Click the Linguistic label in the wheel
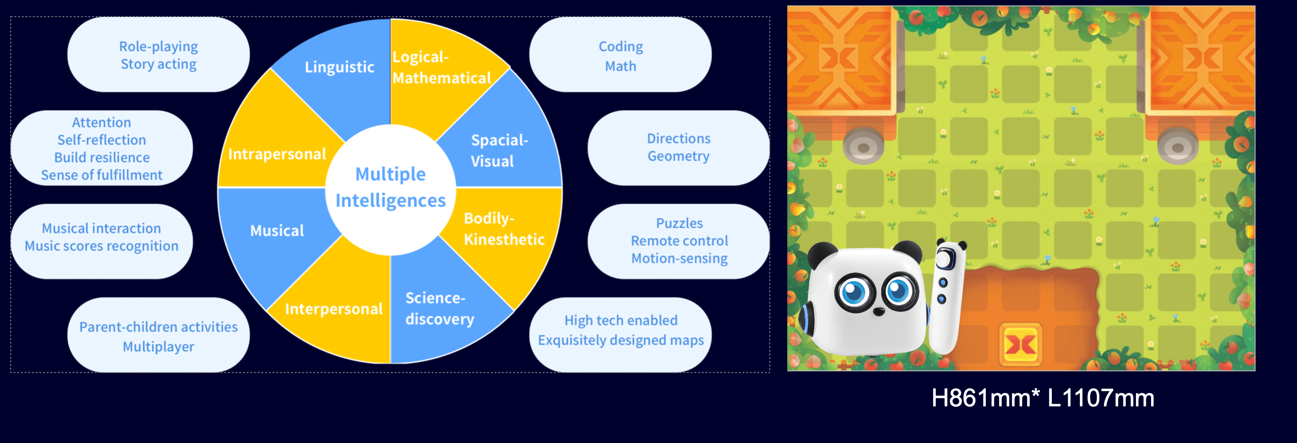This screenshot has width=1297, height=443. coord(339,67)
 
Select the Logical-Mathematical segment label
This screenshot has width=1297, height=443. coord(441,67)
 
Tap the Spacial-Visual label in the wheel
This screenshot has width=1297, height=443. coord(498,151)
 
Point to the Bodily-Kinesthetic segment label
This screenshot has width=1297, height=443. coord(503,229)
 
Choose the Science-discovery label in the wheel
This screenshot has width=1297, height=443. coord(439,308)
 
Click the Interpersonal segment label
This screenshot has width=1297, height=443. coord(334,308)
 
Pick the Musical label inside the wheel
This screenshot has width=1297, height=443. coord(277,231)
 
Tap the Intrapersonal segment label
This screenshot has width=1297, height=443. coord(277,154)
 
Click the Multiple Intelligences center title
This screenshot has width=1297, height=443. coord(390,187)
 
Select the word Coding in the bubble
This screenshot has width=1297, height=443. coord(620,47)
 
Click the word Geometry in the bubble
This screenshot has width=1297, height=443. coord(678,156)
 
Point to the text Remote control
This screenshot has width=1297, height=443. coord(679,241)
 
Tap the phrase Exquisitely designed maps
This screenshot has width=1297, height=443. coord(620,340)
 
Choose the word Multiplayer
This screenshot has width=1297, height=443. coord(158,347)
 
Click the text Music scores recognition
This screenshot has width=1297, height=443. coord(101,246)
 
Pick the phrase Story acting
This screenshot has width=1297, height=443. coord(158,64)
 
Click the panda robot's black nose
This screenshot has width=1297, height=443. coord(879,312)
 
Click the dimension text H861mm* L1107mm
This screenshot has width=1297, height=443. coord(1042,398)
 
